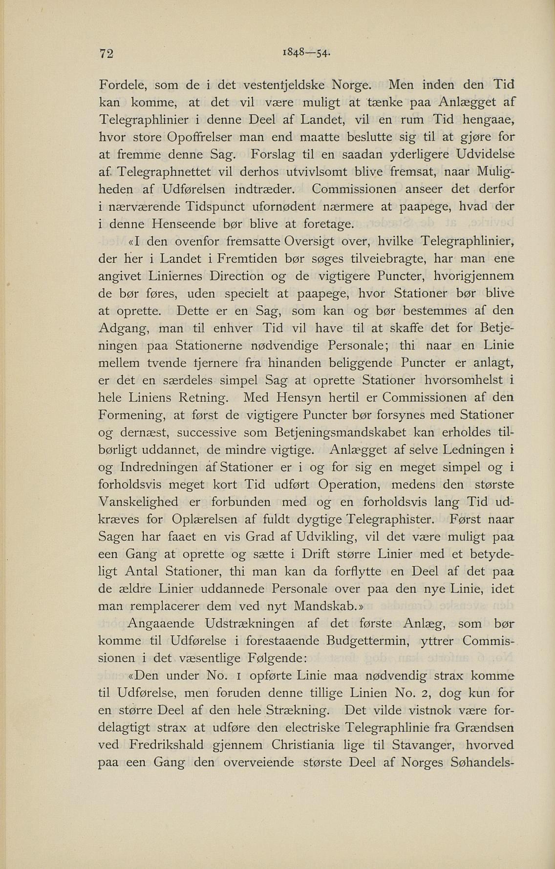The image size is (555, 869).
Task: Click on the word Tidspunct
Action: point(218,207)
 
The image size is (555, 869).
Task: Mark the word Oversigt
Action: point(320,241)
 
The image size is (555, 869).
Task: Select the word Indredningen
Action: point(159,468)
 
